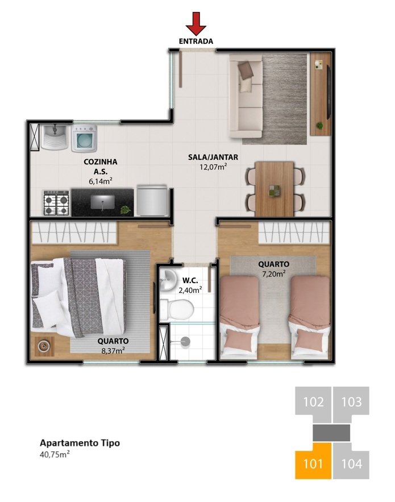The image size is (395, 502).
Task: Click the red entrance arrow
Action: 196,24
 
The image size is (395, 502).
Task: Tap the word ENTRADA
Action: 196,42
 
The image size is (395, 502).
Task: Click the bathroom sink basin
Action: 168,279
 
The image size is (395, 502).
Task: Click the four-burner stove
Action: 57,203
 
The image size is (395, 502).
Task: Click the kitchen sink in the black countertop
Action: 103,202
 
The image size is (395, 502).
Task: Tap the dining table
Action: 275,188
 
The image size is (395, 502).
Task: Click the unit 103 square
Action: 351,403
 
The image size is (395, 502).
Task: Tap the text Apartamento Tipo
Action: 80,443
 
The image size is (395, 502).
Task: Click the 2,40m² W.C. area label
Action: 190,290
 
